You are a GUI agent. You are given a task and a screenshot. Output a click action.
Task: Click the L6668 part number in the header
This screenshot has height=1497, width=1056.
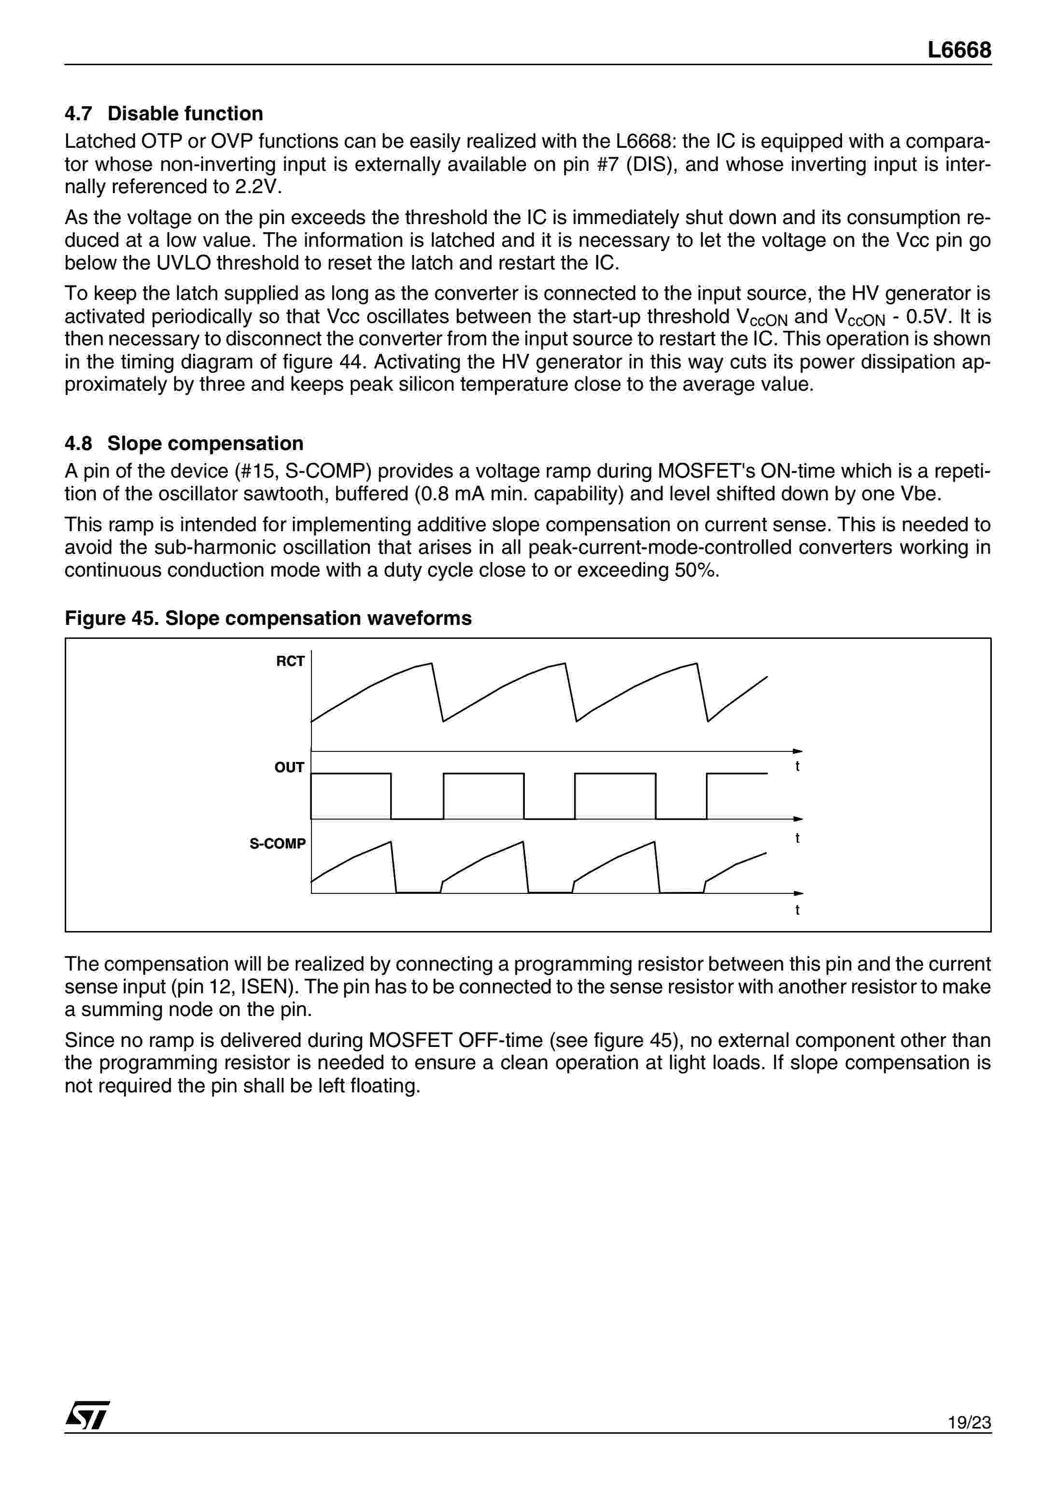pos(959,50)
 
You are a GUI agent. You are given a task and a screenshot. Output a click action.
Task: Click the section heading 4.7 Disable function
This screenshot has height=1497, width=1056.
pos(164,113)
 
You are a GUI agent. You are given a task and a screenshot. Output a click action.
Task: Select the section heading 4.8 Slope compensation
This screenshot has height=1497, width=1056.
pos(184,443)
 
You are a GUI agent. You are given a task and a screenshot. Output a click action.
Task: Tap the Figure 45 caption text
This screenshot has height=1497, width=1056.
pos(268,618)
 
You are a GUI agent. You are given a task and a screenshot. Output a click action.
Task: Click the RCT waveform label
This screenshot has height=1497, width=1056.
pos(290,662)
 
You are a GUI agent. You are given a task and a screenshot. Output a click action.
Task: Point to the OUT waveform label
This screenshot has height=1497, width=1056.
pos(289,767)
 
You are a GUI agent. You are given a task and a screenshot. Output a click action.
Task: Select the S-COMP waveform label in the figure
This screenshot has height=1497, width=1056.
pos(278,844)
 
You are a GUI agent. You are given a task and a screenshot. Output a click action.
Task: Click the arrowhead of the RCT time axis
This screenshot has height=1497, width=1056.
pos(799,751)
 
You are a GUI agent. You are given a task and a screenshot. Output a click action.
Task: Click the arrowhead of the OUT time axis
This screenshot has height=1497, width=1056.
pos(799,819)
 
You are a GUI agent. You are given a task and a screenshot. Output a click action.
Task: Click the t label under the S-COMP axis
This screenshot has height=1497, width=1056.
pos(797,910)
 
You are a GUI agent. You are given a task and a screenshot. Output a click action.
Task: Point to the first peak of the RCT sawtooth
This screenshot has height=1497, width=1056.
pos(432,664)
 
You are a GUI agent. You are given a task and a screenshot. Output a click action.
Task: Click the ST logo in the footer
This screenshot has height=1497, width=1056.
pos(87,1415)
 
